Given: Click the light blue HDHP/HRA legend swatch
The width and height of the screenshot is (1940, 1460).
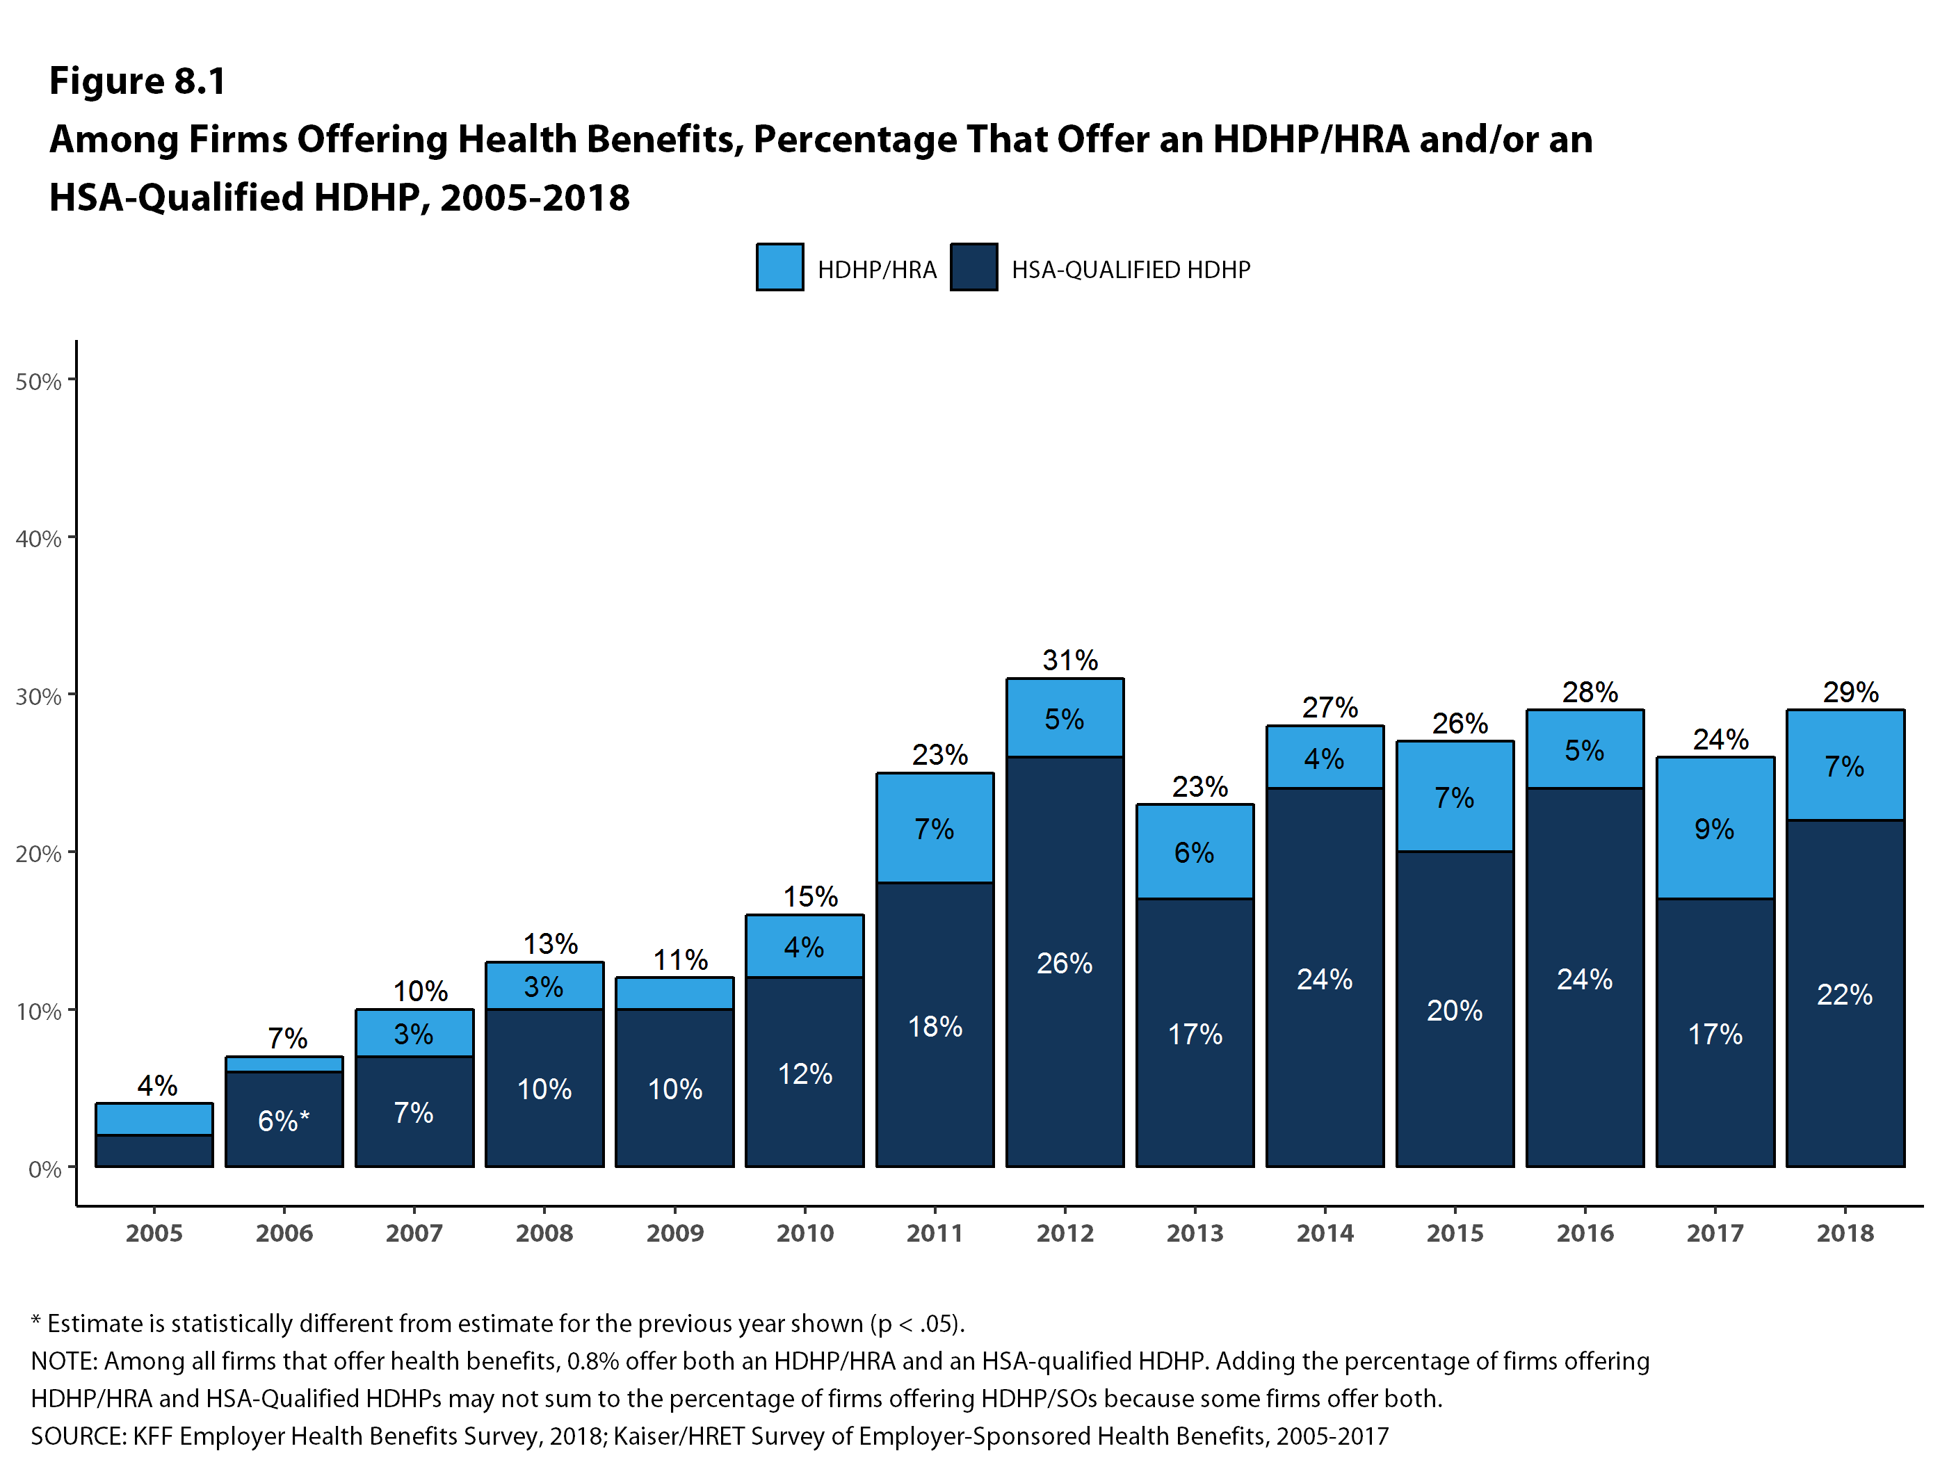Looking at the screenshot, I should (779, 266).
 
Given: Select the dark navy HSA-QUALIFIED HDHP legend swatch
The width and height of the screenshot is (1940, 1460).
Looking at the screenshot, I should (973, 266).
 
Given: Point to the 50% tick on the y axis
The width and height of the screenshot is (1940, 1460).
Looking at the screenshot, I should (38, 382).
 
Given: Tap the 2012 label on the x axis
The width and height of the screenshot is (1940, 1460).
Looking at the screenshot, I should (1065, 1233).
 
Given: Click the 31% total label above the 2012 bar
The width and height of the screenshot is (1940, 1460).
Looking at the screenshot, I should (1069, 659).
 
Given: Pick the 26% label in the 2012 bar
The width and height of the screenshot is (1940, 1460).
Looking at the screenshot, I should (1064, 963).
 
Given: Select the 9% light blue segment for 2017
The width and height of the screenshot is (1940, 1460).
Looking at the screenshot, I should (1715, 828).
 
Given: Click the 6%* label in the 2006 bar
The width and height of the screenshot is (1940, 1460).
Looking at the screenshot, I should (283, 1120).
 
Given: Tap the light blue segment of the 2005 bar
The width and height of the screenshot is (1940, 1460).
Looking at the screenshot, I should (154, 1119).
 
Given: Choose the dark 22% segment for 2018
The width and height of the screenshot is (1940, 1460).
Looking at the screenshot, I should (1845, 993).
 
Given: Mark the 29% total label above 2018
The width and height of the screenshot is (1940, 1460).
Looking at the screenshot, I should (1850, 692).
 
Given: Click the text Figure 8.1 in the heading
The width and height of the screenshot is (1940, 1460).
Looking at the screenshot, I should (138, 81).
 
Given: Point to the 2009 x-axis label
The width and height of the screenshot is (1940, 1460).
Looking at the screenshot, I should (674, 1233).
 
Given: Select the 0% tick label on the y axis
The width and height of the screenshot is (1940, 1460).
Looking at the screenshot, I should (44, 1169).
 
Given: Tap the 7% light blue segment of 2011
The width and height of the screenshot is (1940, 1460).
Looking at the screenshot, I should (934, 828).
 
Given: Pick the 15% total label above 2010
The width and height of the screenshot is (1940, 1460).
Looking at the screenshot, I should (809, 896).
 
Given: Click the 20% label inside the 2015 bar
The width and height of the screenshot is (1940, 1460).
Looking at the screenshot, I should (1454, 1010).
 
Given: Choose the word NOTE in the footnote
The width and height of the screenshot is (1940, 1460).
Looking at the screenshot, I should (64, 1360).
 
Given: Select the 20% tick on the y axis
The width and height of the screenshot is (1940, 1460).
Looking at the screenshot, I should (38, 853).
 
